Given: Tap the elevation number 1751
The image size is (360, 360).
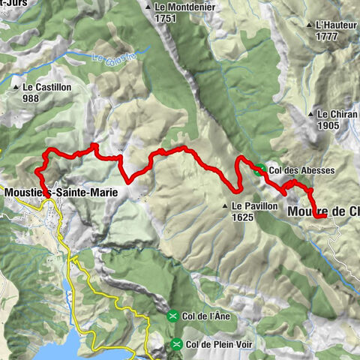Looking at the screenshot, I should pyautogui.click(x=165, y=18).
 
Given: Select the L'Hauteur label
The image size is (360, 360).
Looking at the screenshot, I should pyautogui.click(x=335, y=25).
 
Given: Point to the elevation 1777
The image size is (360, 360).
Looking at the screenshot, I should pyautogui.click(x=326, y=36).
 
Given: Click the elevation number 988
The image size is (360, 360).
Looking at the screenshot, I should pyautogui.click(x=31, y=98).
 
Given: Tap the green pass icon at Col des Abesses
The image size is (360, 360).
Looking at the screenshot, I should pyautogui.click(x=259, y=170).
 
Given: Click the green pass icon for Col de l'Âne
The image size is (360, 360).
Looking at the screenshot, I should pyautogui.click(x=173, y=315).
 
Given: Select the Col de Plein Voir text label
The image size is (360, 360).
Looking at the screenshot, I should pyautogui.click(x=220, y=345).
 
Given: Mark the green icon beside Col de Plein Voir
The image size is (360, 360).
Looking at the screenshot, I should pyautogui.click(x=176, y=345).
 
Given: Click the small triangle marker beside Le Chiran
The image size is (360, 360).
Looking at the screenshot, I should pyautogui.click(x=310, y=114).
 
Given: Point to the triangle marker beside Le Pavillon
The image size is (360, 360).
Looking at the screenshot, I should pyautogui.click(x=224, y=205).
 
